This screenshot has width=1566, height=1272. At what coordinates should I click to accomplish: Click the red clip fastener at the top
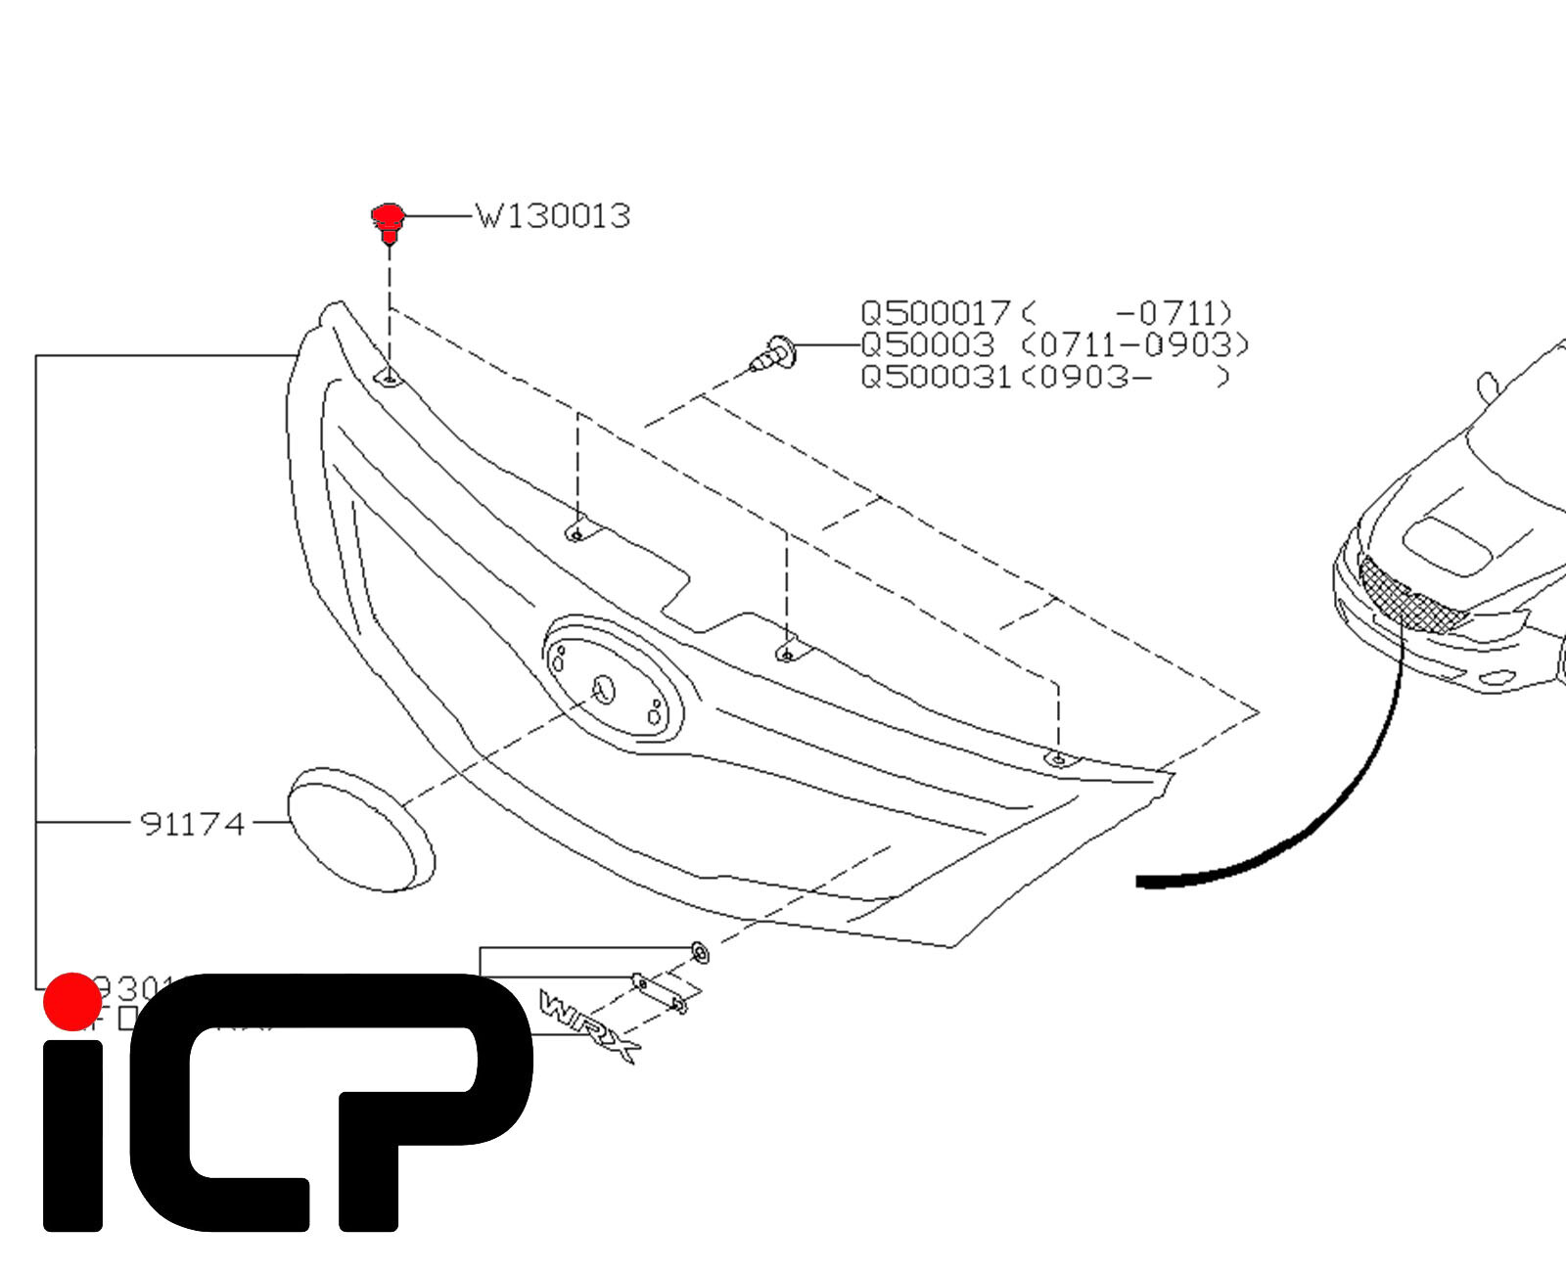389,221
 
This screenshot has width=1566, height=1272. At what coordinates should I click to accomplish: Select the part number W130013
553,216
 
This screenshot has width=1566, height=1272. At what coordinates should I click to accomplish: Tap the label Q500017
935,313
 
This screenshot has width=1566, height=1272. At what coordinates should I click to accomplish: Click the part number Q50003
927,345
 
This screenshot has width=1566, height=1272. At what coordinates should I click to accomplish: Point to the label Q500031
935,377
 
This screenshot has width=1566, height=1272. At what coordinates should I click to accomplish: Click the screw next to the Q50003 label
775,353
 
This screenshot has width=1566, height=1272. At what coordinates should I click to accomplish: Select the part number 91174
192,825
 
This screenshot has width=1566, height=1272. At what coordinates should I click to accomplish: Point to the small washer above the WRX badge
700,951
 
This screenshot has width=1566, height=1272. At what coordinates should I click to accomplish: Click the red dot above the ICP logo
72,1001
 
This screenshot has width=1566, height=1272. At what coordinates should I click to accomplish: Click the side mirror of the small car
1488,386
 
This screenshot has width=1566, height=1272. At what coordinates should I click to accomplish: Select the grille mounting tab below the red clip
389,378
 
